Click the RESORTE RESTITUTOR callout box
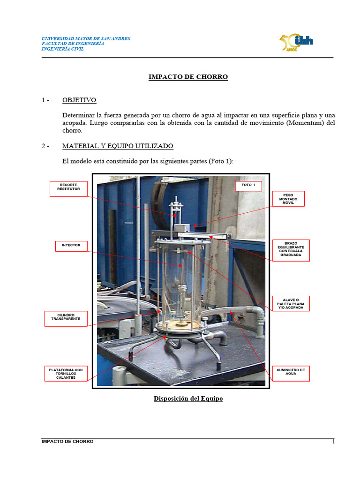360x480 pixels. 69,188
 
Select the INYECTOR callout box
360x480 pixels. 71,245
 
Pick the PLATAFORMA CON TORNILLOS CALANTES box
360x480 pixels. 66,374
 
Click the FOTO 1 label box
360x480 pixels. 248,185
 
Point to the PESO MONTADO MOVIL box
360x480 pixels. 288,199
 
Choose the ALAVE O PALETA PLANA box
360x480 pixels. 291,303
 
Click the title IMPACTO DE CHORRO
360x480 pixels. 188,77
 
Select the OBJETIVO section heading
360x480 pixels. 79,100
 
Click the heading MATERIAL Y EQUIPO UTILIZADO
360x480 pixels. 118,146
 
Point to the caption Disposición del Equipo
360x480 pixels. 188,399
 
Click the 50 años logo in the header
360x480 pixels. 296,42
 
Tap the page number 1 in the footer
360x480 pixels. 333,442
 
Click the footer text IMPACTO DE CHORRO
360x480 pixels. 67,442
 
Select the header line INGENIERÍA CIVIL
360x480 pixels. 63,49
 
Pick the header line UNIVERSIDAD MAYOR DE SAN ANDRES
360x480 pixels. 86,38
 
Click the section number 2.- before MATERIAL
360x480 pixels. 45,146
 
